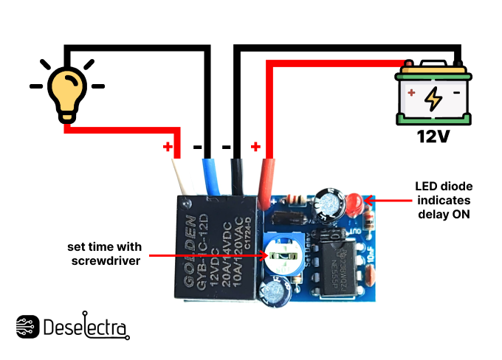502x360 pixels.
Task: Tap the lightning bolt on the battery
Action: pyautogui.click(x=434, y=99)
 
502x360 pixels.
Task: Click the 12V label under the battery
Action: pyautogui.click(x=433, y=136)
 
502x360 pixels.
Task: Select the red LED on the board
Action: pyautogui.click(x=354, y=201)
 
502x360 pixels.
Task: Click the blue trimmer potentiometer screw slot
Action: pyautogui.click(x=283, y=257)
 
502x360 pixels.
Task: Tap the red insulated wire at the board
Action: pyautogui.click(x=267, y=179)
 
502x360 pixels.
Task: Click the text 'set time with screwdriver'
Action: pyautogui.click(x=103, y=253)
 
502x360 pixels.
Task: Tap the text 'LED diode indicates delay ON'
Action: pyautogui.click(x=442, y=200)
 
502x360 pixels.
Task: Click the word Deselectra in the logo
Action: pyautogui.click(x=86, y=328)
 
